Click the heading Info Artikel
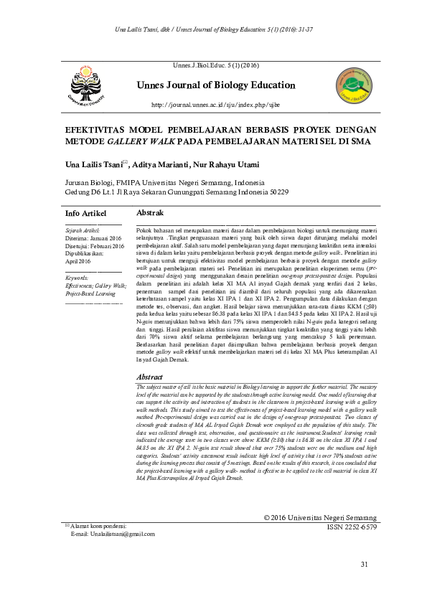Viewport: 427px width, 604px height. [85, 214]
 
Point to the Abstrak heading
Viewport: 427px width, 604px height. [150, 213]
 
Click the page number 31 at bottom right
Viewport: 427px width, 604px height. [365, 583]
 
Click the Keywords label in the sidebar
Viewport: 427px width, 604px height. [77, 276]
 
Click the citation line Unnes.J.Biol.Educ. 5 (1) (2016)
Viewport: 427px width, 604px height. [215, 65]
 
